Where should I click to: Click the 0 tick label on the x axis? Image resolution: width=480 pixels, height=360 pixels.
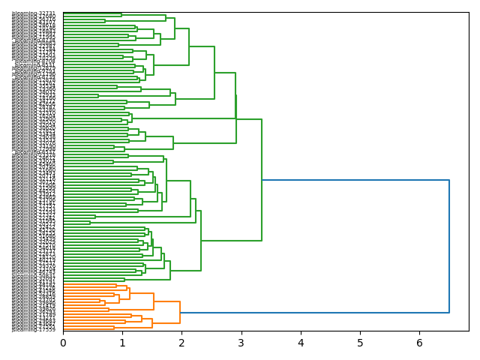pos(63,343)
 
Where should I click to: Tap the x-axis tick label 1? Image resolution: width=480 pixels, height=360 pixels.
pos(122,343)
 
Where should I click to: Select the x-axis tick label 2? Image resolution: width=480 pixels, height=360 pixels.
pos(181,343)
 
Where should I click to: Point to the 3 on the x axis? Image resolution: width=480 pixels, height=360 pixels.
pos(241,343)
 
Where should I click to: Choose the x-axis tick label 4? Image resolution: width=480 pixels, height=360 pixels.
pos(301,343)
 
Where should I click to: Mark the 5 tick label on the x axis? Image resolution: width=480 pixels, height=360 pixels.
pos(360,343)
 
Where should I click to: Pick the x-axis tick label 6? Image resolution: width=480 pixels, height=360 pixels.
pos(419,343)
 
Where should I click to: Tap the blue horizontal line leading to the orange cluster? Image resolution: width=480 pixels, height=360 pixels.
pos(315,313)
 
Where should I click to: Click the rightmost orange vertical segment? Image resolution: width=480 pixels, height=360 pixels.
pos(180,313)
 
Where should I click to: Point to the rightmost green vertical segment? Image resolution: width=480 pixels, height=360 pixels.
pos(262,180)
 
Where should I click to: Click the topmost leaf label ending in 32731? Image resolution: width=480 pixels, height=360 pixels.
pos(34,14)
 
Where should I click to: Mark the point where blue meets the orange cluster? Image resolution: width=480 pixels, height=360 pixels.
pos(180,313)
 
